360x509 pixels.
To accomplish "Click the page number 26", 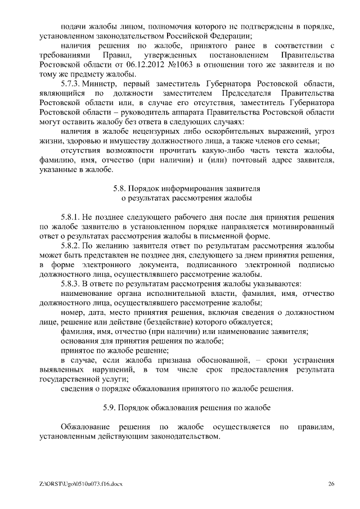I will click(331, 484).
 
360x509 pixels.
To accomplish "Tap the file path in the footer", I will click(78, 484).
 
